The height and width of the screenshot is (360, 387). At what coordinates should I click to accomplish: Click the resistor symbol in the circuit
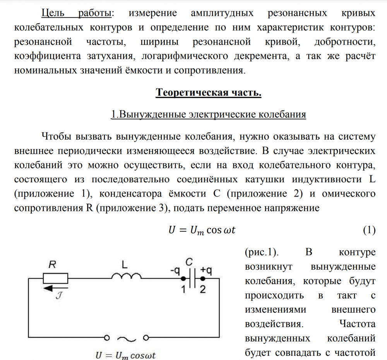point(55,278)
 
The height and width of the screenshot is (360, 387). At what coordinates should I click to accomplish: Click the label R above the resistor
point(53,265)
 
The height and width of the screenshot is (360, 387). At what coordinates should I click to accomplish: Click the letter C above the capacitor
point(189,262)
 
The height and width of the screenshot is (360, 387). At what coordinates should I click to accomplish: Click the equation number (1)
point(369,230)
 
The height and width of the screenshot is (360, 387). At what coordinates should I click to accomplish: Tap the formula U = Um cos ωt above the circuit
point(202,230)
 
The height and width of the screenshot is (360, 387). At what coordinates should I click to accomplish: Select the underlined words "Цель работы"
point(76,14)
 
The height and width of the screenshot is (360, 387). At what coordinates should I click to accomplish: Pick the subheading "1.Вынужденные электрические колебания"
point(209,115)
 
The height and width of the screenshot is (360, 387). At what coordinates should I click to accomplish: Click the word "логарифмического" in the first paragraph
point(185,57)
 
